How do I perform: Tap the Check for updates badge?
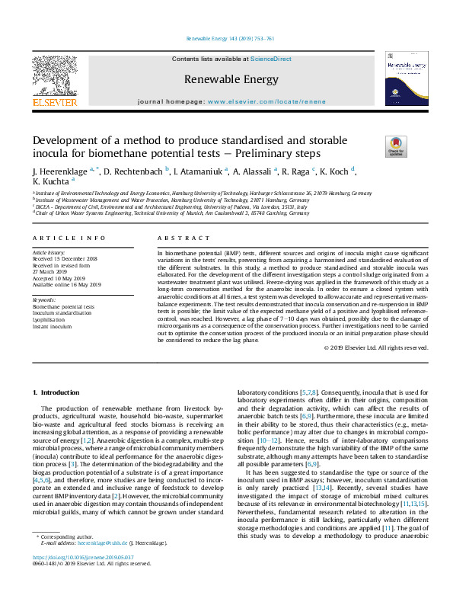tap(375, 145)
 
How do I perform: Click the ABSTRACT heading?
tap(176, 238)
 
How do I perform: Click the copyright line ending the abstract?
tap(376, 347)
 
